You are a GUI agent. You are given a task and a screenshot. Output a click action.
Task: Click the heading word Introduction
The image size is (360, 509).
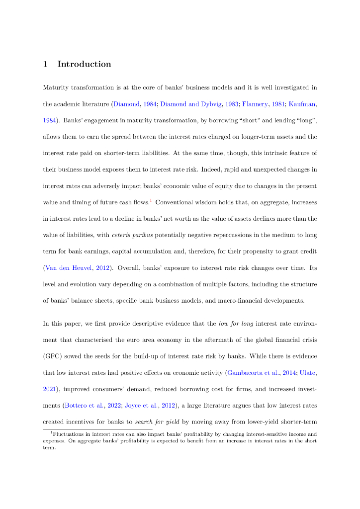tap(84, 64)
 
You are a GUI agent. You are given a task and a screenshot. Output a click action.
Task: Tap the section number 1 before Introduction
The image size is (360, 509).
tap(45, 64)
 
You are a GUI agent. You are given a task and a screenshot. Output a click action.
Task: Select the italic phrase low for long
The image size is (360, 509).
tap(237, 324)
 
